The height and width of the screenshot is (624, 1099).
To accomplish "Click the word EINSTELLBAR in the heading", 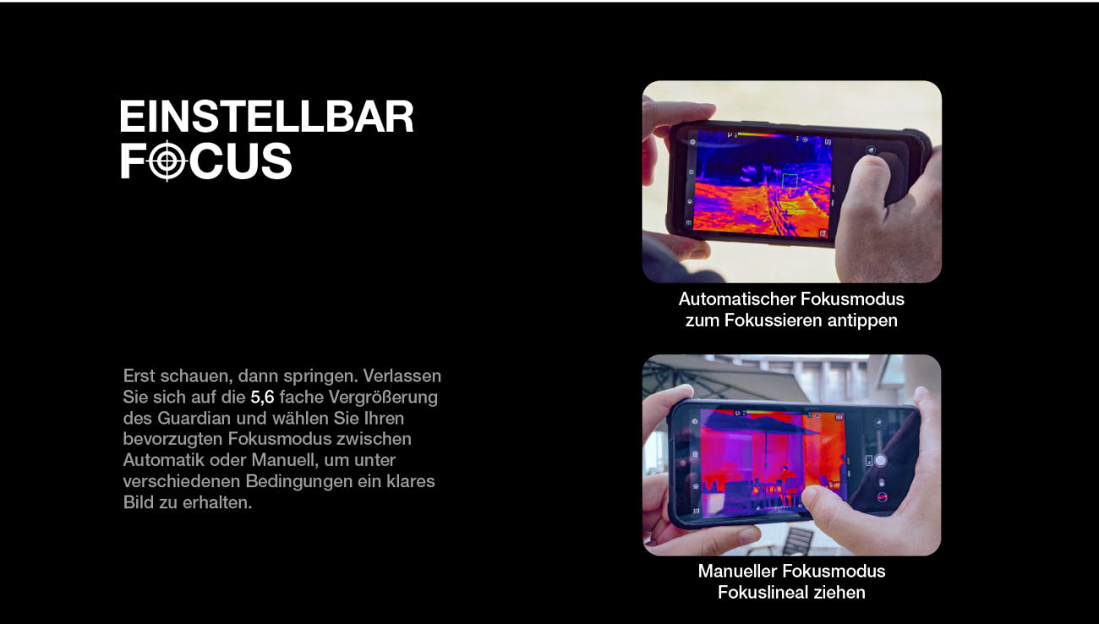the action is [x=267, y=117].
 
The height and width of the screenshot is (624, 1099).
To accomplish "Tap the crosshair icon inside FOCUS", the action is [x=167, y=160].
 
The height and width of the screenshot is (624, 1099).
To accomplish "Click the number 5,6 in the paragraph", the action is [x=262, y=398].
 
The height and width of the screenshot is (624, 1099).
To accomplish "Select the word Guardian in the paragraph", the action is [x=194, y=418].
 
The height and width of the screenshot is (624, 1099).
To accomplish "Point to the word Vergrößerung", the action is [x=383, y=398].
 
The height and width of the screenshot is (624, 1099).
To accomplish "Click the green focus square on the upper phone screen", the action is [x=790, y=180].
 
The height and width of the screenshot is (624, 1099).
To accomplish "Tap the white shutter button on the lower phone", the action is [x=880, y=460].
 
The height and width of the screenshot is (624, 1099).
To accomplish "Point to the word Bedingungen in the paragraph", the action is [x=298, y=481].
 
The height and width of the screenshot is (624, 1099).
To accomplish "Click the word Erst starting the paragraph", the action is [x=139, y=376].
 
